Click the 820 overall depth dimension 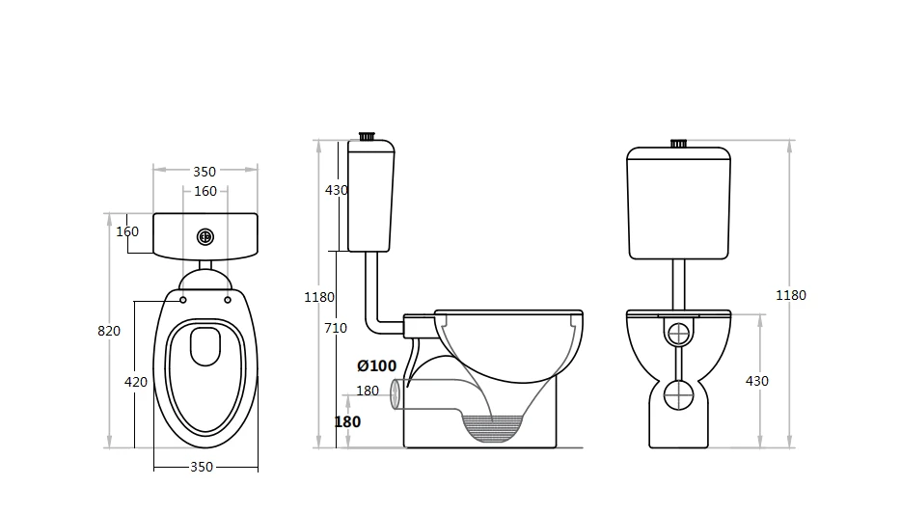click(109, 331)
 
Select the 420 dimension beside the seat click(136, 382)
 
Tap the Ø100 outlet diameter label click(376, 365)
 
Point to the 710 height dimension click(335, 329)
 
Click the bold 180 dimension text click(347, 421)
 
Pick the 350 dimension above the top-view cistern click(205, 172)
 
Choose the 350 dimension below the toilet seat click(202, 467)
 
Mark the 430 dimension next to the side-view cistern click(336, 191)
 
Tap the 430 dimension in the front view click(757, 381)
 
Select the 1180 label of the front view click(791, 295)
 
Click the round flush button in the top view click(205, 236)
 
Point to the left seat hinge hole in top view click(182, 299)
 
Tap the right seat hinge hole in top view click(228, 299)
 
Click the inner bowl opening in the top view click(205, 347)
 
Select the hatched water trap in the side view click(494, 424)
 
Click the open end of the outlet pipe click(395, 395)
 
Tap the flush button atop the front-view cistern click(678, 144)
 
